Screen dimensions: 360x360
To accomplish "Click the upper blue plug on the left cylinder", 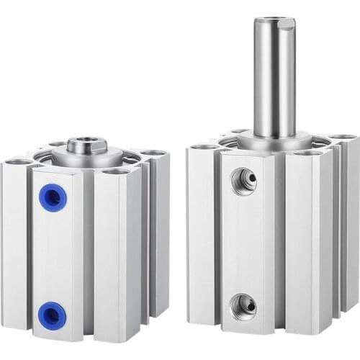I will pos(53,198).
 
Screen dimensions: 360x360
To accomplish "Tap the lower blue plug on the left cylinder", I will pos(53,315).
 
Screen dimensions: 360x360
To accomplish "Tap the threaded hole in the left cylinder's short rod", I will pos(88,139).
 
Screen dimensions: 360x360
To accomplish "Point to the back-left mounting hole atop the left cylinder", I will pos(58,145).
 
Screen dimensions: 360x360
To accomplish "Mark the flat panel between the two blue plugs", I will pos(55,256).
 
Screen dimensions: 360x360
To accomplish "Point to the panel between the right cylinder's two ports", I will pos(245,243).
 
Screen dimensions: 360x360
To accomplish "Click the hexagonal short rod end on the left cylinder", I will pos(88,145).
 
